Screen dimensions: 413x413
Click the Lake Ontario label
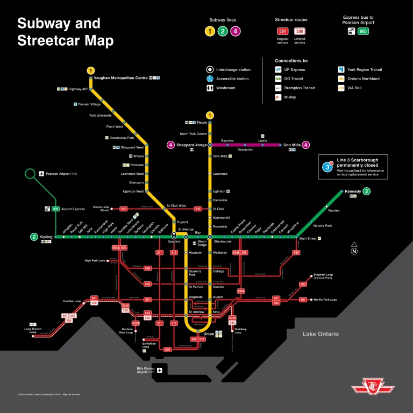click(321, 334)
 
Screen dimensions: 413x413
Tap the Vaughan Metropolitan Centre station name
click(120, 78)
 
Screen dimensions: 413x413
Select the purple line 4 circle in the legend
click(235, 31)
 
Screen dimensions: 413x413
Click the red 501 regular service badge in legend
click(282, 31)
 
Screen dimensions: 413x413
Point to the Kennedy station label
click(353, 191)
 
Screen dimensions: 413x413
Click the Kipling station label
click(46, 237)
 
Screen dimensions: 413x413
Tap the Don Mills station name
click(292, 145)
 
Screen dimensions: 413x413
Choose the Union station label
click(208, 334)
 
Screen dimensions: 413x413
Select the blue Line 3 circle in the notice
click(327, 167)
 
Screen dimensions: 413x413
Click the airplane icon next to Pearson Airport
click(41, 174)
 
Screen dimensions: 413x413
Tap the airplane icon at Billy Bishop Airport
click(159, 370)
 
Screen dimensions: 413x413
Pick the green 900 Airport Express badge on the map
click(55, 209)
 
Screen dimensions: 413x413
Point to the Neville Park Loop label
click(326, 300)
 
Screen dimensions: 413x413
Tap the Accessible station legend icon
click(210, 79)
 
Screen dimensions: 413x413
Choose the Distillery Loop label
click(240, 330)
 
